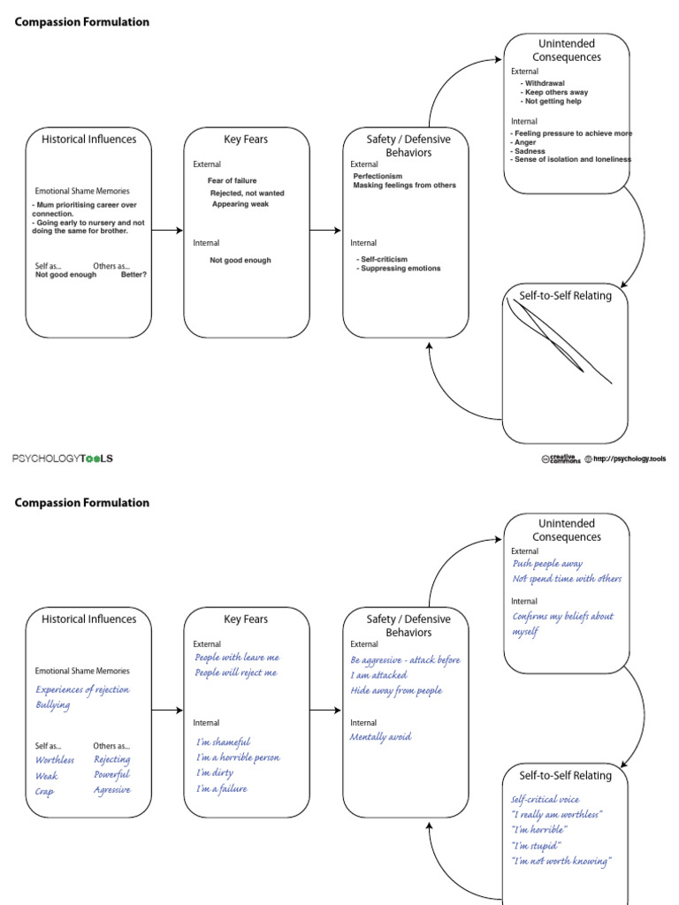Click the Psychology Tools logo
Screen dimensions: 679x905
click(x=63, y=459)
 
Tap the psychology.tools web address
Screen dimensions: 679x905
click(x=629, y=459)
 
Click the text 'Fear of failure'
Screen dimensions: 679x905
click(x=233, y=180)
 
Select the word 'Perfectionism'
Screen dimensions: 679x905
click(x=378, y=176)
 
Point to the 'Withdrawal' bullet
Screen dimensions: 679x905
click(x=543, y=83)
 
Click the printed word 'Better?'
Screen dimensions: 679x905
click(x=134, y=275)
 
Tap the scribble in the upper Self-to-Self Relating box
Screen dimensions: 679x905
click(x=558, y=339)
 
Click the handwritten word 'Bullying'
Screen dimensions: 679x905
click(x=52, y=705)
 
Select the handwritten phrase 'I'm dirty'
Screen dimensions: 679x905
click(x=214, y=772)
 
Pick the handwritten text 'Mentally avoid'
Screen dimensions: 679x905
click(x=380, y=737)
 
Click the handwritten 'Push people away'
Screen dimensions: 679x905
click(x=547, y=564)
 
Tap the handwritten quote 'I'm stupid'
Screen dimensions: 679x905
click(x=536, y=846)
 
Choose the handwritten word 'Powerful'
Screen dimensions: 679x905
click(x=112, y=774)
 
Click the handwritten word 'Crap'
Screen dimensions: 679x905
click(x=44, y=792)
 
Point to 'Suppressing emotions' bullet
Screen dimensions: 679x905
click(x=399, y=269)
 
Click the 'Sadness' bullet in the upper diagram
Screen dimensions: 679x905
click(x=528, y=151)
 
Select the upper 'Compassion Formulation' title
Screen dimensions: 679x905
click(x=82, y=22)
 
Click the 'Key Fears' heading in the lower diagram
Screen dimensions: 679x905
click(x=246, y=620)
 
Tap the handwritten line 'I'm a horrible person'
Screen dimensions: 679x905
click(x=238, y=757)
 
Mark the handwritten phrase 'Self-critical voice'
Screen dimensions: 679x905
click(x=545, y=799)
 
